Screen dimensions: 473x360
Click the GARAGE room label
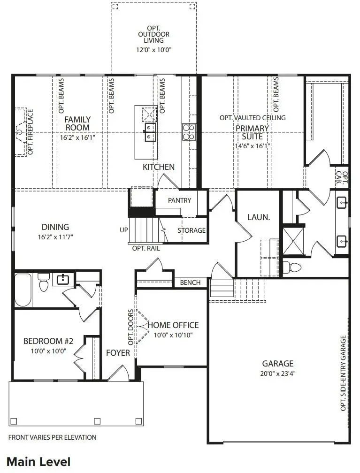[277, 363]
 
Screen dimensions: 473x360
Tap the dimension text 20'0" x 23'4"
[277, 374]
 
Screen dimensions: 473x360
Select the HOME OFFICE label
[173, 325]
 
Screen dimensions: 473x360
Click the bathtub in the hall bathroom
[23, 290]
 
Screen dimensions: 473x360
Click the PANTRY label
[179, 200]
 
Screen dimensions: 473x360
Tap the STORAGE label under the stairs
[191, 230]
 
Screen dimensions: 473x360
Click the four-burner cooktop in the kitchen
[188, 132]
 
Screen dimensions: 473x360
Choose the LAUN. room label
[258, 217]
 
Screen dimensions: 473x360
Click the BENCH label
[190, 282]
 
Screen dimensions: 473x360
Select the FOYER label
[118, 352]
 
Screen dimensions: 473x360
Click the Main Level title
[38, 461]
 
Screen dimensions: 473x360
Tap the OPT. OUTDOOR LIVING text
[153, 34]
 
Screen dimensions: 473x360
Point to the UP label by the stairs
[124, 230]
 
